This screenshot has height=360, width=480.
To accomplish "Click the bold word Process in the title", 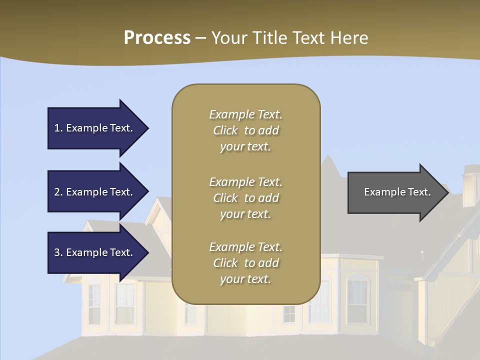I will pyautogui.click(x=157, y=38).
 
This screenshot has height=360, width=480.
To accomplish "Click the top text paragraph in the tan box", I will pyautogui.click(x=245, y=130).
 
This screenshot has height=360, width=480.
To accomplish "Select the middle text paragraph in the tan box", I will pyautogui.click(x=245, y=198).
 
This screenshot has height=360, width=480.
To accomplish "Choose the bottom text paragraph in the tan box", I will pyautogui.click(x=245, y=263).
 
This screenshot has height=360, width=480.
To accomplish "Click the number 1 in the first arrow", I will pyautogui.click(x=57, y=128).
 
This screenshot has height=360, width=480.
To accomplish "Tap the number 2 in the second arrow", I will pyautogui.click(x=57, y=192).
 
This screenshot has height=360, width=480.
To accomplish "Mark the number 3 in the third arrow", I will pyautogui.click(x=57, y=252).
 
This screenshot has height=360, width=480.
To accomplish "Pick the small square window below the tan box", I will pyautogui.click(x=289, y=313).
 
